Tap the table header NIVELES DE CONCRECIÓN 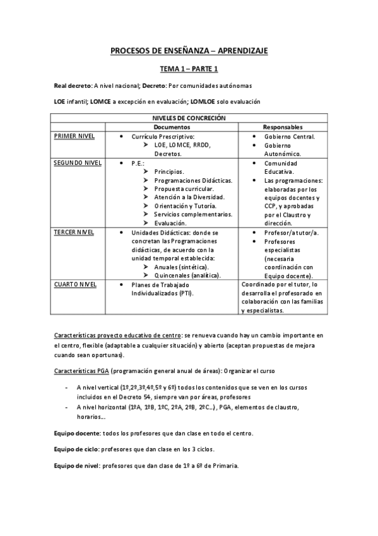[x=189, y=118]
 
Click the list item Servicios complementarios [x=192, y=215]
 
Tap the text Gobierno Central [x=290, y=137]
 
